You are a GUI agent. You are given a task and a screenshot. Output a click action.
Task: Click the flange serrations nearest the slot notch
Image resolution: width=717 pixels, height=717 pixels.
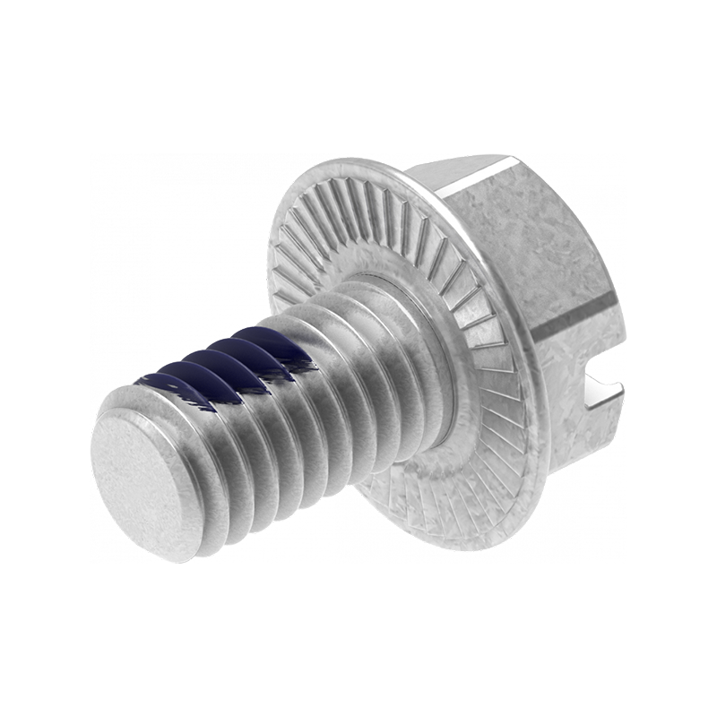click(511, 394)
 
